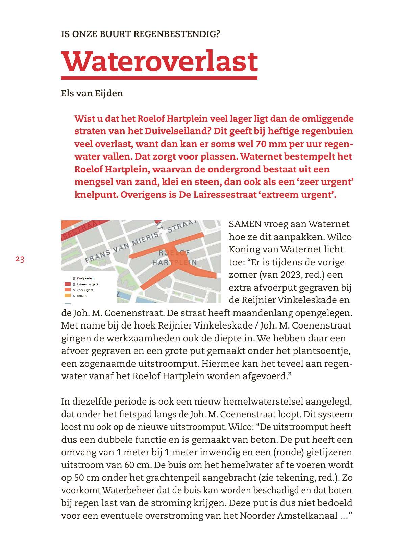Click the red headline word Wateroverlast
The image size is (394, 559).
click(x=159, y=62)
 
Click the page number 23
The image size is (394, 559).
click(x=20, y=260)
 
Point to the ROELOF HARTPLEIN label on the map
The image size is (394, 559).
click(x=174, y=258)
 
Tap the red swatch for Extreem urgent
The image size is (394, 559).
click(x=68, y=284)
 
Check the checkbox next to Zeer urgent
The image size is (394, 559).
click(x=74, y=290)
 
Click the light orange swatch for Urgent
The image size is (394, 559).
click(x=68, y=296)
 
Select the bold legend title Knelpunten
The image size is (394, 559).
click(x=85, y=278)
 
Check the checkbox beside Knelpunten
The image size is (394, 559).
click(x=74, y=278)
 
